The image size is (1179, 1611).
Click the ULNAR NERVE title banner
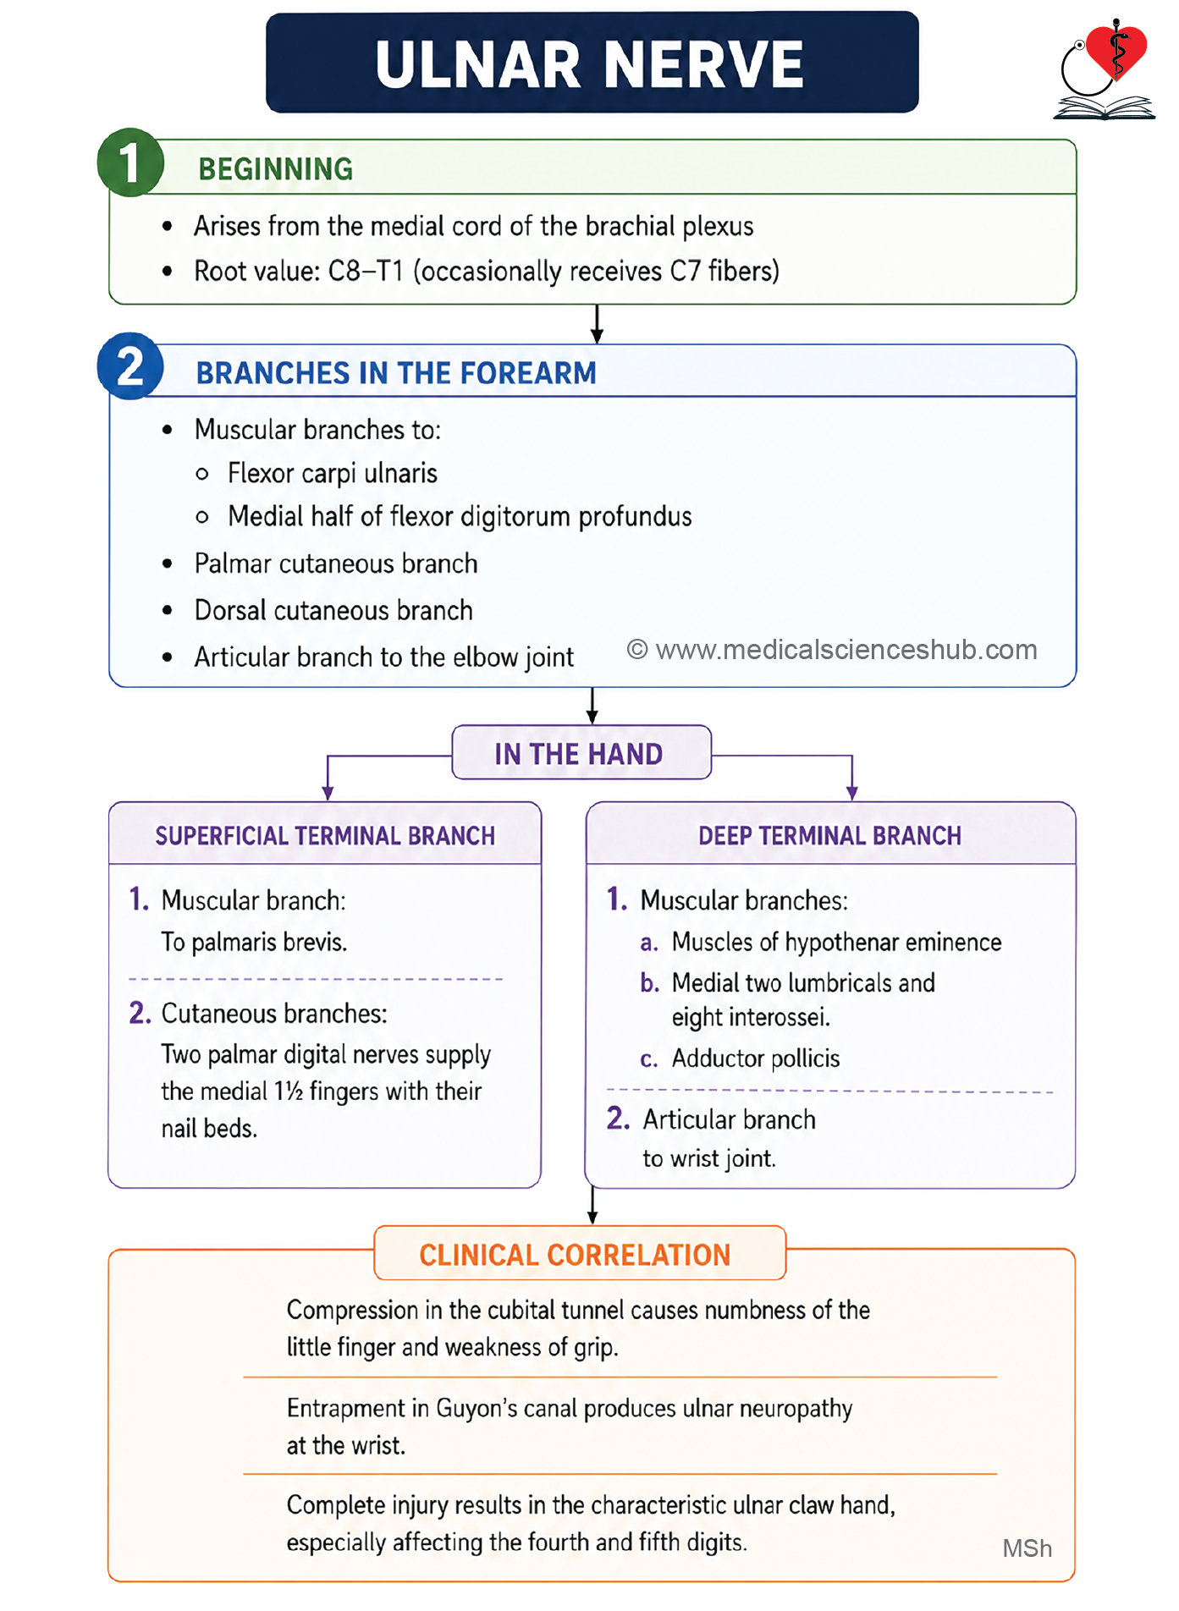[x=592, y=63]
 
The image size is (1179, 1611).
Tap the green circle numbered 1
[x=130, y=162]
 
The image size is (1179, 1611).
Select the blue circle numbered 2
[x=130, y=366]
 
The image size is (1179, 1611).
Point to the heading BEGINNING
[x=275, y=169]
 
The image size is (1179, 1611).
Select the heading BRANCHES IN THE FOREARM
[x=396, y=373]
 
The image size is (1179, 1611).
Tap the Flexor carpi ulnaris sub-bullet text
[x=333, y=474]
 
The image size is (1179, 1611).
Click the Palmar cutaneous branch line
[x=336, y=564]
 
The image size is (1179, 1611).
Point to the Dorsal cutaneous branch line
[x=333, y=610]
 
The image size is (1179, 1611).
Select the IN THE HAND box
[x=581, y=752]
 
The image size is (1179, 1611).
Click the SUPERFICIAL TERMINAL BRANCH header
[x=325, y=836]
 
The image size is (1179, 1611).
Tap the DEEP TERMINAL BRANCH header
[x=829, y=836]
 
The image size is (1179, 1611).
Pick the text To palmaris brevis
[x=254, y=943]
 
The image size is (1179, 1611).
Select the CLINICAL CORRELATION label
[x=576, y=1255]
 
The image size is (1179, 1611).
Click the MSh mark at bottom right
[x=1027, y=1548]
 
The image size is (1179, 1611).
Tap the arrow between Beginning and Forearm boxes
[x=597, y=324]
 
